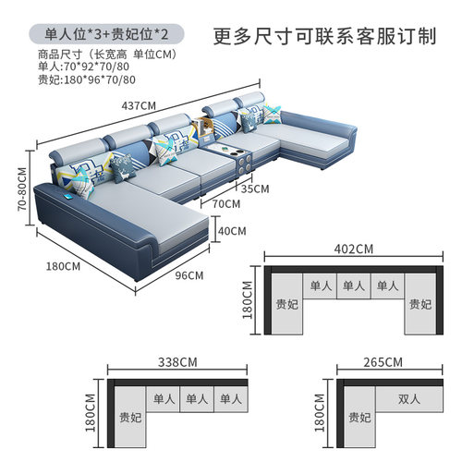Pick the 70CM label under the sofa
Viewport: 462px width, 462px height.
click(x=225, y=202)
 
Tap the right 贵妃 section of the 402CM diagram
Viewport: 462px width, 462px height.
click(x=420, y=303)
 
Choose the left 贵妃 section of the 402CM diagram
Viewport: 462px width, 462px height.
click(x=286, y=303)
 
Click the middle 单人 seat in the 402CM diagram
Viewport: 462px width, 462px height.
click(x=354, y=286)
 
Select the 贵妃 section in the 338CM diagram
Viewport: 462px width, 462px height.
click(x=131, y=416)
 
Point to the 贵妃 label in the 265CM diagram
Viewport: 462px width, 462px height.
click(x=359, y=416)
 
